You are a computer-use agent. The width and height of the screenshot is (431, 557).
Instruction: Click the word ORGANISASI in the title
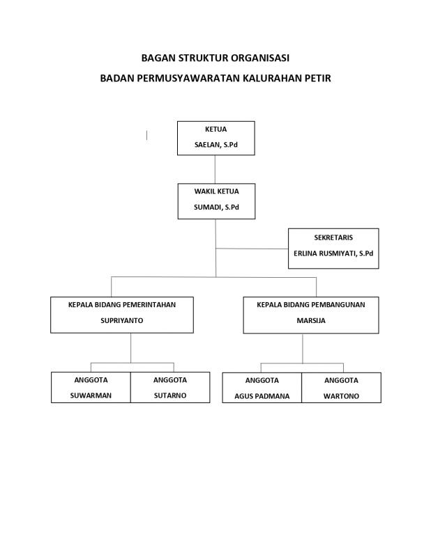coord(260,58)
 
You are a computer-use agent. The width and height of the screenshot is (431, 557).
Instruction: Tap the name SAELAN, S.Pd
coord(216,145)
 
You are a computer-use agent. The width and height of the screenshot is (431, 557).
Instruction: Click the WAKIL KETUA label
coord(216,191)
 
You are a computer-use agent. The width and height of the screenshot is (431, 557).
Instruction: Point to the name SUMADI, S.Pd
coord(216,207)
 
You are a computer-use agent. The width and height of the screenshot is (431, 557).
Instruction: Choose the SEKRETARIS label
coord(333,237)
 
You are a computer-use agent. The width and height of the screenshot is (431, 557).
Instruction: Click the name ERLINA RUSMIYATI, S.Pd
coord(333,253)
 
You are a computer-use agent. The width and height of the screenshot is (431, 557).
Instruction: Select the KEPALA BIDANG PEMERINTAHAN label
coord(122,305)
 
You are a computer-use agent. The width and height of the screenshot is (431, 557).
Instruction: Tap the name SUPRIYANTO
coord(122,320)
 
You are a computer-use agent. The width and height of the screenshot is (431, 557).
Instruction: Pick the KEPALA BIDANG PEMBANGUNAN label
coord(311,305)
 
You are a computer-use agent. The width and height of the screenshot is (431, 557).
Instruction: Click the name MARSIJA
coord(311,320)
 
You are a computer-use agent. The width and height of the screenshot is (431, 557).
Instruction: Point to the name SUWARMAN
coord(91,395)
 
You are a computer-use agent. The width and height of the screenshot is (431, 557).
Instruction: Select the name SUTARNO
coord(170,395)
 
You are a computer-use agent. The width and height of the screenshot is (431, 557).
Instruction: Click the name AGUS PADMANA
coord(262,396)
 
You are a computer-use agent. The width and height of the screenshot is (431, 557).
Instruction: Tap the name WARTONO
coord(341,396)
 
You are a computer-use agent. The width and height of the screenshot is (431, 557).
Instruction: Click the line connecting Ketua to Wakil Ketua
coord(215,169)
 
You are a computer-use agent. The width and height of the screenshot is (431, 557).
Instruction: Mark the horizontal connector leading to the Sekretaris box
coord(252,249)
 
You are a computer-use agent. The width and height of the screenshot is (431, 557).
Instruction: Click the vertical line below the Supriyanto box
coord(130,348)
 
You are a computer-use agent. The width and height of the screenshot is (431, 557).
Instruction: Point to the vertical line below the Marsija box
coord(303,349)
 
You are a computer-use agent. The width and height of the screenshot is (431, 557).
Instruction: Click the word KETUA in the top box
coord(215,130)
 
